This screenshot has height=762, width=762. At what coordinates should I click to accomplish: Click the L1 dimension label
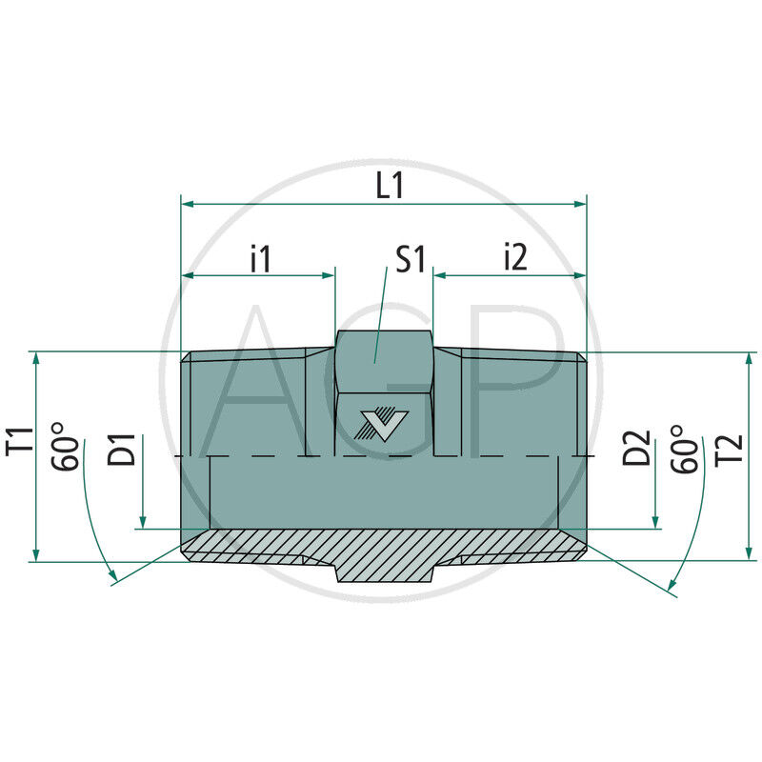click(390, 186)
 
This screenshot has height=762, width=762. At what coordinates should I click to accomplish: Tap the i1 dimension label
click(260, 258)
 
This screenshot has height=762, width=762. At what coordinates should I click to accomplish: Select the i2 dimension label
click(513, 258)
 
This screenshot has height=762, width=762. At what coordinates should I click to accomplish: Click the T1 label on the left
click(22, 445)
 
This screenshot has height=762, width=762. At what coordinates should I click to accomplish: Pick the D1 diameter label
click(122, 448)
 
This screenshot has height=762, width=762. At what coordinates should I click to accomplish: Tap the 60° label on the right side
click(684, 448)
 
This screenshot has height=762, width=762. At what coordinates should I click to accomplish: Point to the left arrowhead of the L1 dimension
click(188, 203)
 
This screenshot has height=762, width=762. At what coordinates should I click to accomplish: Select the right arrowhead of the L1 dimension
click(580, 203)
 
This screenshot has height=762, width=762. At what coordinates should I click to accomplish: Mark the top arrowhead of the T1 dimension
click(36, 358)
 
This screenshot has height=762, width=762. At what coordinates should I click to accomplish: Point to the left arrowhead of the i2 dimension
click(440, 275)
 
